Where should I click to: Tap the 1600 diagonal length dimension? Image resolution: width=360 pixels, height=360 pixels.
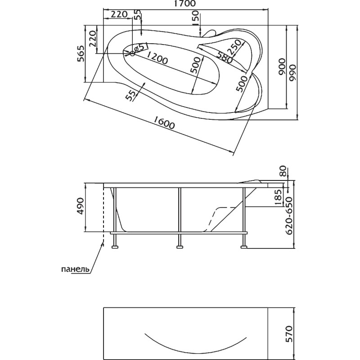tap(164, 122)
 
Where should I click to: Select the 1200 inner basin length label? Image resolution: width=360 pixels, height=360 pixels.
tap(157, 57)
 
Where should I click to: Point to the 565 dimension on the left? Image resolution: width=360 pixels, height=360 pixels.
tap(80, 54)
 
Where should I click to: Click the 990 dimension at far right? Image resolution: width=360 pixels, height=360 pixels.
tap(293, 72)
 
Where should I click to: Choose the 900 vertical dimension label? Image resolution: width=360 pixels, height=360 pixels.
tap(282, 67)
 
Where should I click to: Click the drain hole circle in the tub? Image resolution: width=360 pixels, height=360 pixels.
tap(132, 54)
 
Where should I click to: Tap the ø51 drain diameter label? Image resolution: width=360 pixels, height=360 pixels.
tap(141, 48)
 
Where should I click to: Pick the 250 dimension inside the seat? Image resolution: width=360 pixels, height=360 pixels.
tap(234, 47)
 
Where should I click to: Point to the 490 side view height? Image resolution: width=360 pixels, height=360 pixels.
tap(81, 206)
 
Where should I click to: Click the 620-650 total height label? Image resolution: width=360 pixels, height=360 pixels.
tap(290, 216)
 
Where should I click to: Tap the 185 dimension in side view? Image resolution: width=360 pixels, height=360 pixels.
tap(278, 197)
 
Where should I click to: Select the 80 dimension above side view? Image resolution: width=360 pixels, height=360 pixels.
tap(283, 171)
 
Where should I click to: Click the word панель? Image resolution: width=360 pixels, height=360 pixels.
tap(75, 269)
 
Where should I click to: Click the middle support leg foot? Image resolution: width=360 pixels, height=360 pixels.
tap(180, 247)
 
